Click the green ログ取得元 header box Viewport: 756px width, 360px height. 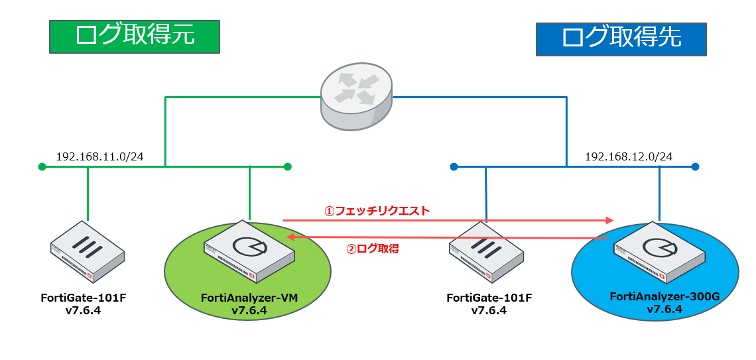[x=135, y=36]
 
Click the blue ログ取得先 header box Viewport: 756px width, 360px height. [x=621, y=38]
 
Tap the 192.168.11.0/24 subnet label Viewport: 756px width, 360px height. [x=100, y=157]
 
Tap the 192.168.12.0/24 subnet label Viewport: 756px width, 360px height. [x=629, y=157]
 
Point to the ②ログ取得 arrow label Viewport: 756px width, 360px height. [x=373, y=249]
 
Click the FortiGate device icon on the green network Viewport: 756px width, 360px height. [x=88, y=251]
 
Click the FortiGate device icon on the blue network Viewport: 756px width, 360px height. [x=487, y=251]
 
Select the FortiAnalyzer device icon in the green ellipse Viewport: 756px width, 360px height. [x=249, y=251]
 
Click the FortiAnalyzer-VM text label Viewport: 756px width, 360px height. [x=249, y=299]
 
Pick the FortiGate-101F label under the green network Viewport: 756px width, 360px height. [x=84, y=298]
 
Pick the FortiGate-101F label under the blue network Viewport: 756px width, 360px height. [x=489, y=298]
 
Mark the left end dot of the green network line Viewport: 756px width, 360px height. [x=42, y=166]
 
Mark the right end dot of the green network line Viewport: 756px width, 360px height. [x=288, y=166]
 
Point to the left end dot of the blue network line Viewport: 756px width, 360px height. [x=454, y=166]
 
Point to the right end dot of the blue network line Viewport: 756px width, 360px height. [x=695, y=166]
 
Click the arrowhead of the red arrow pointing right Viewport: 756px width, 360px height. [x=609, y=219]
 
